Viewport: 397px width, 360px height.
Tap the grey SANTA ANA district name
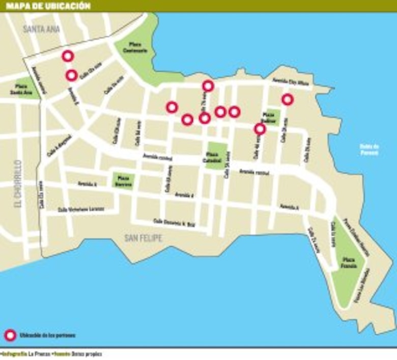[41, 29]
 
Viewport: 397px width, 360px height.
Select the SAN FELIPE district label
[144, 237]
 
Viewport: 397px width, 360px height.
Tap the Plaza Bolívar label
[269, 118]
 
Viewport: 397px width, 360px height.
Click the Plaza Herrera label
[123, 180]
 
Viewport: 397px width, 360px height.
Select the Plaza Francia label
[349, 262]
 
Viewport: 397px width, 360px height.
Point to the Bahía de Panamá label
[370, 149]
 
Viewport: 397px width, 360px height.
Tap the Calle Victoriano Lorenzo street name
[81, 209]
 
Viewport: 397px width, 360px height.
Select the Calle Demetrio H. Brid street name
[174, 222]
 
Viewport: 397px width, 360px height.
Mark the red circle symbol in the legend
[10, 335]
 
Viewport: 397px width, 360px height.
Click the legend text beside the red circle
[47, 335]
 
